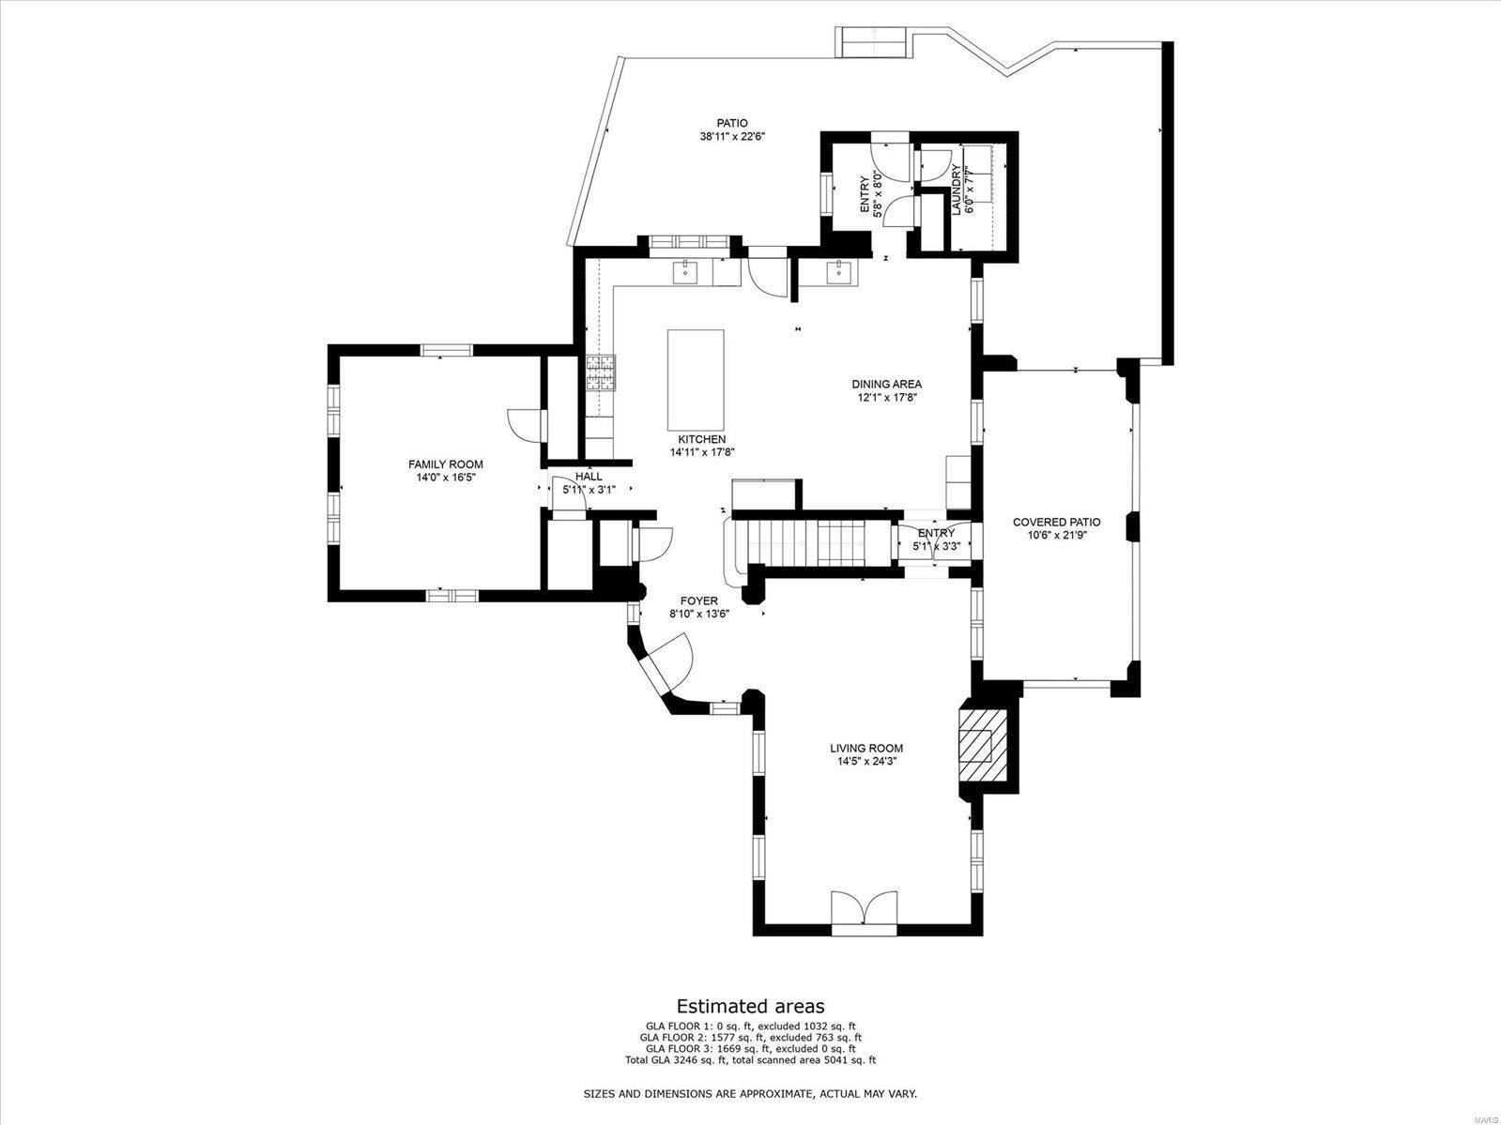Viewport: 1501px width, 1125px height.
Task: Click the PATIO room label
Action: [732, 123]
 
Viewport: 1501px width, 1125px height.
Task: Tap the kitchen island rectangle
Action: [696, 378]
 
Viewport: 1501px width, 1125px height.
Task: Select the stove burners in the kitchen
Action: [600, 372]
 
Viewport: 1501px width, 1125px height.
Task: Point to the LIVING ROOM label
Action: [865, 748]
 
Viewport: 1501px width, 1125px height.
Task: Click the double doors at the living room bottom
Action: [865, 913]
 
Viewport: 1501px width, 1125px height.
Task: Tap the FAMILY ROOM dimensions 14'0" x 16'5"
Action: [446, 478]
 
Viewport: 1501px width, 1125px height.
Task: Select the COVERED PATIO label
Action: [1056, 522]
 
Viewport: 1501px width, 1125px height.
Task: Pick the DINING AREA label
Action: [886, 384]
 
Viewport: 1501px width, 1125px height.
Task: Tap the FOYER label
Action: [698, 601]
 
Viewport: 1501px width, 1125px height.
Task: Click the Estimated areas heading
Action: [750, 1008]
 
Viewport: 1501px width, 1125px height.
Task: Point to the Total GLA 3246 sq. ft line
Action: [750, 1060]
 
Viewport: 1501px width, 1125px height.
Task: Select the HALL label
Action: [589, 477]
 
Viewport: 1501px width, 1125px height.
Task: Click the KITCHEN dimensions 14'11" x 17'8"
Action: [701, 452]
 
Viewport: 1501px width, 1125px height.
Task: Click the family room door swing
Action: [527, 425]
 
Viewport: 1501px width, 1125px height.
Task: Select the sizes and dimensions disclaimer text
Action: [750, 1094]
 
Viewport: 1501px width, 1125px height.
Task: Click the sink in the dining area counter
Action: [838, 272]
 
